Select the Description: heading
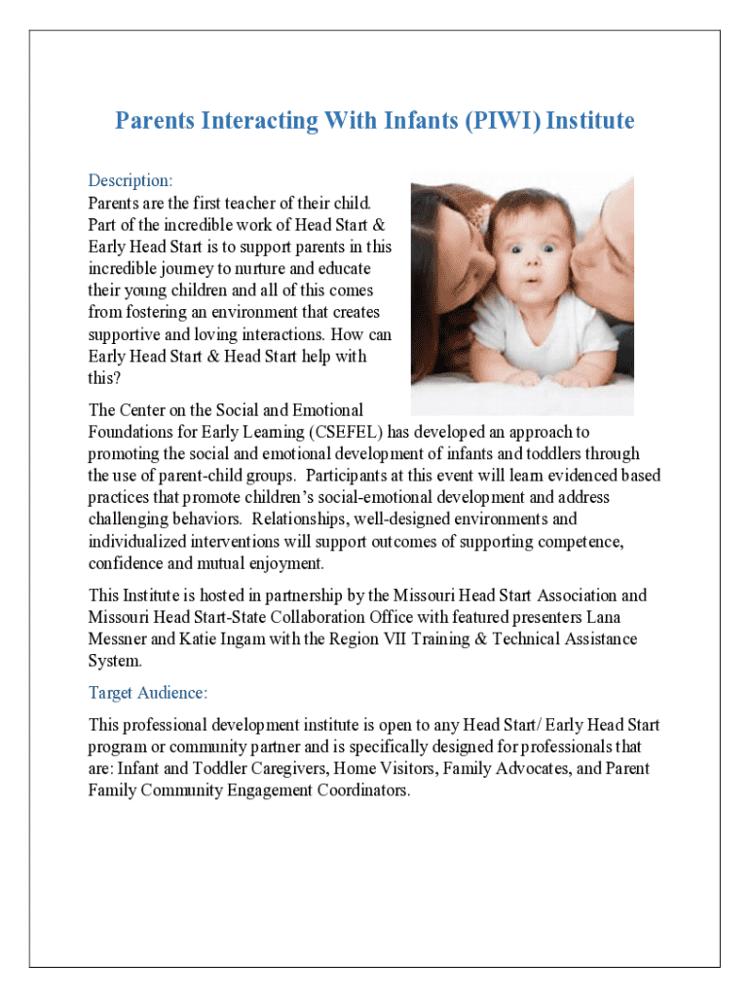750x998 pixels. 131,180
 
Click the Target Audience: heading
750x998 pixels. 148,693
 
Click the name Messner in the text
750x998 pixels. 120,639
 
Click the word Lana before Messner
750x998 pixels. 620,618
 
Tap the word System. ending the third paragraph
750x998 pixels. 115,661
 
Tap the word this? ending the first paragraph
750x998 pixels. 104,378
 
